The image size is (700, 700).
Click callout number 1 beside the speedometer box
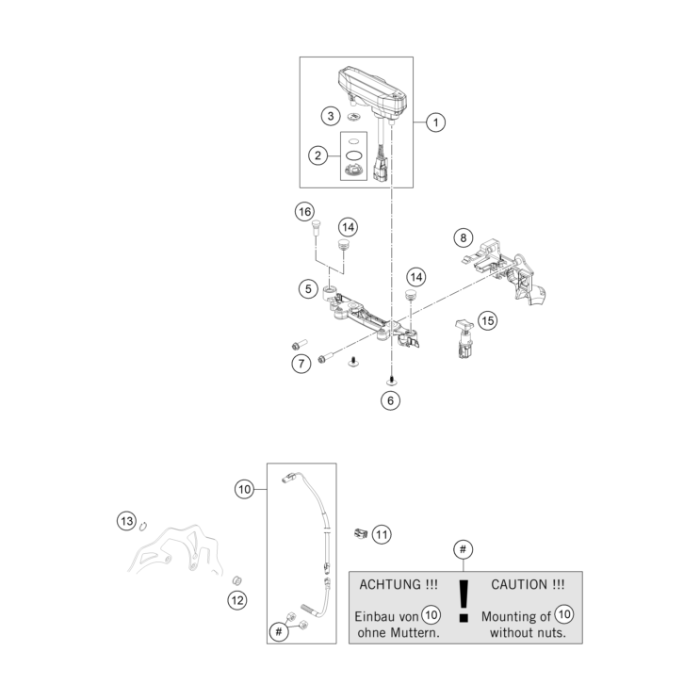[434, 122]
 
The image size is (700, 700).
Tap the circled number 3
[329, 116]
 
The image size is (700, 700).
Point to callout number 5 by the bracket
[307, 288]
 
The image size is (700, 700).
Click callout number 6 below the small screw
[390, 399]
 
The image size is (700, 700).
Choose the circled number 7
[301, 362]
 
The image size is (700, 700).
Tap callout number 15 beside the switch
[487, 320]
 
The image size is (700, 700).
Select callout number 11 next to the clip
[381, 534]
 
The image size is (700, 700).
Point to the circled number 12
[236, 598]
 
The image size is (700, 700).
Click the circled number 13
[126, 520]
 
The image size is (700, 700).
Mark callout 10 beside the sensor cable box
[244, 489]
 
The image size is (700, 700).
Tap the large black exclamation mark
[462, 602]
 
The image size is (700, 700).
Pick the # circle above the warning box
[462, 548]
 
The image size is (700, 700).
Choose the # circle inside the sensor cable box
[279, 632]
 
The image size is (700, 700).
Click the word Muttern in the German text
[414, 632]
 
